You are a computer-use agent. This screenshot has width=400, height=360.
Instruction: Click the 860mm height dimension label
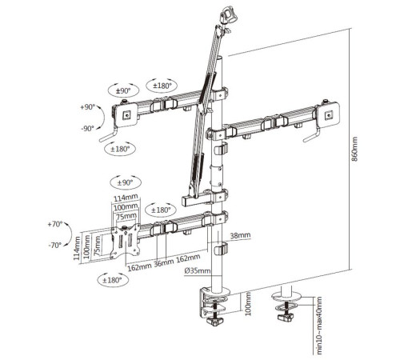(354, 150)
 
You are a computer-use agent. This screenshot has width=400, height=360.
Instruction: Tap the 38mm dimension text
(240, 235)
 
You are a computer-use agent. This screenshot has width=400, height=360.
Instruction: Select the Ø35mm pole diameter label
(198, 271)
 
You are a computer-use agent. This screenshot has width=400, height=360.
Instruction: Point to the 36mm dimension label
(163, 263)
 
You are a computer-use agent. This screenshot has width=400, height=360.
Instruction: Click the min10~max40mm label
(319, 326)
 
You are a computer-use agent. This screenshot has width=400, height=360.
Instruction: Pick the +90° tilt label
(87, 107)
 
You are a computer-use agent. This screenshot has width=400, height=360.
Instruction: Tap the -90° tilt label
(87, 129)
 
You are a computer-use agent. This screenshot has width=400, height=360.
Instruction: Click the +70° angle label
(55, 224)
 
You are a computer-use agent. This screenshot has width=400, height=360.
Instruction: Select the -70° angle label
(55, 245)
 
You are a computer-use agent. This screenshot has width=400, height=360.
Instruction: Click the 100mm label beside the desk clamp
(248, 304)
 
